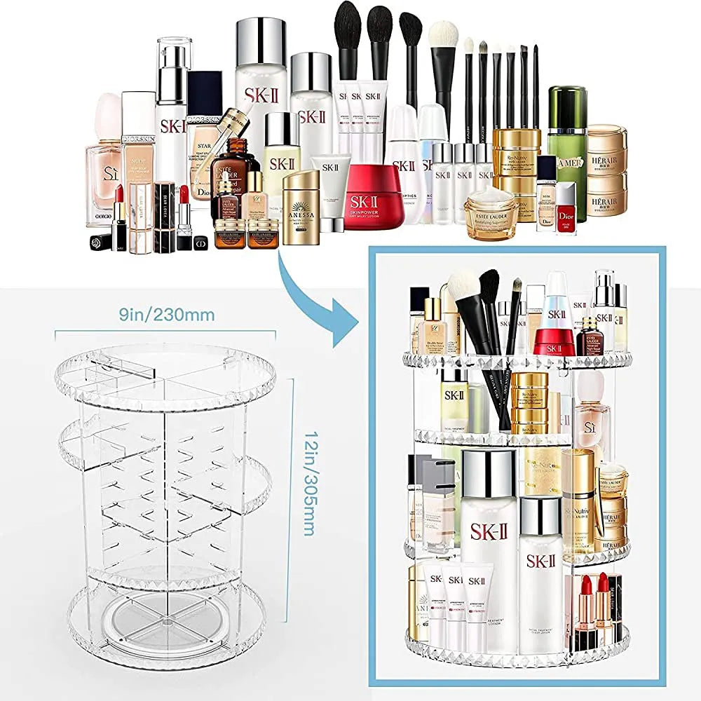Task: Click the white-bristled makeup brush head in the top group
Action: coord(443,35)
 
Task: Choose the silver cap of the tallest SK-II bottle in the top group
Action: coord(261,42)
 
